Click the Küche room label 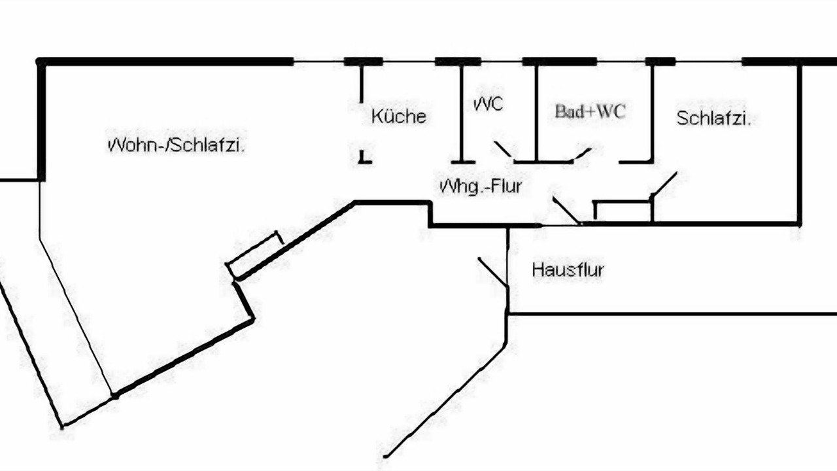(399, 116)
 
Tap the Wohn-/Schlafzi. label (176, 145)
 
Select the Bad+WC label (590, 111)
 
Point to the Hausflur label (568, 270)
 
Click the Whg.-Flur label (481, 186)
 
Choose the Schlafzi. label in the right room (713, 118)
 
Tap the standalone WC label (488, 104)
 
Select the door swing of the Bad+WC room (581, 154)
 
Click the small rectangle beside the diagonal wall (254, 255)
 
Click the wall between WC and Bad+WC (537, 113)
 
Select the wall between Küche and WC (462, 113)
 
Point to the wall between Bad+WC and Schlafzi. (653, 113)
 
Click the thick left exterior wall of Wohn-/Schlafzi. (41, 120)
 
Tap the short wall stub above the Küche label (362, 84)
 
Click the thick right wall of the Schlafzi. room (799, 145)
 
